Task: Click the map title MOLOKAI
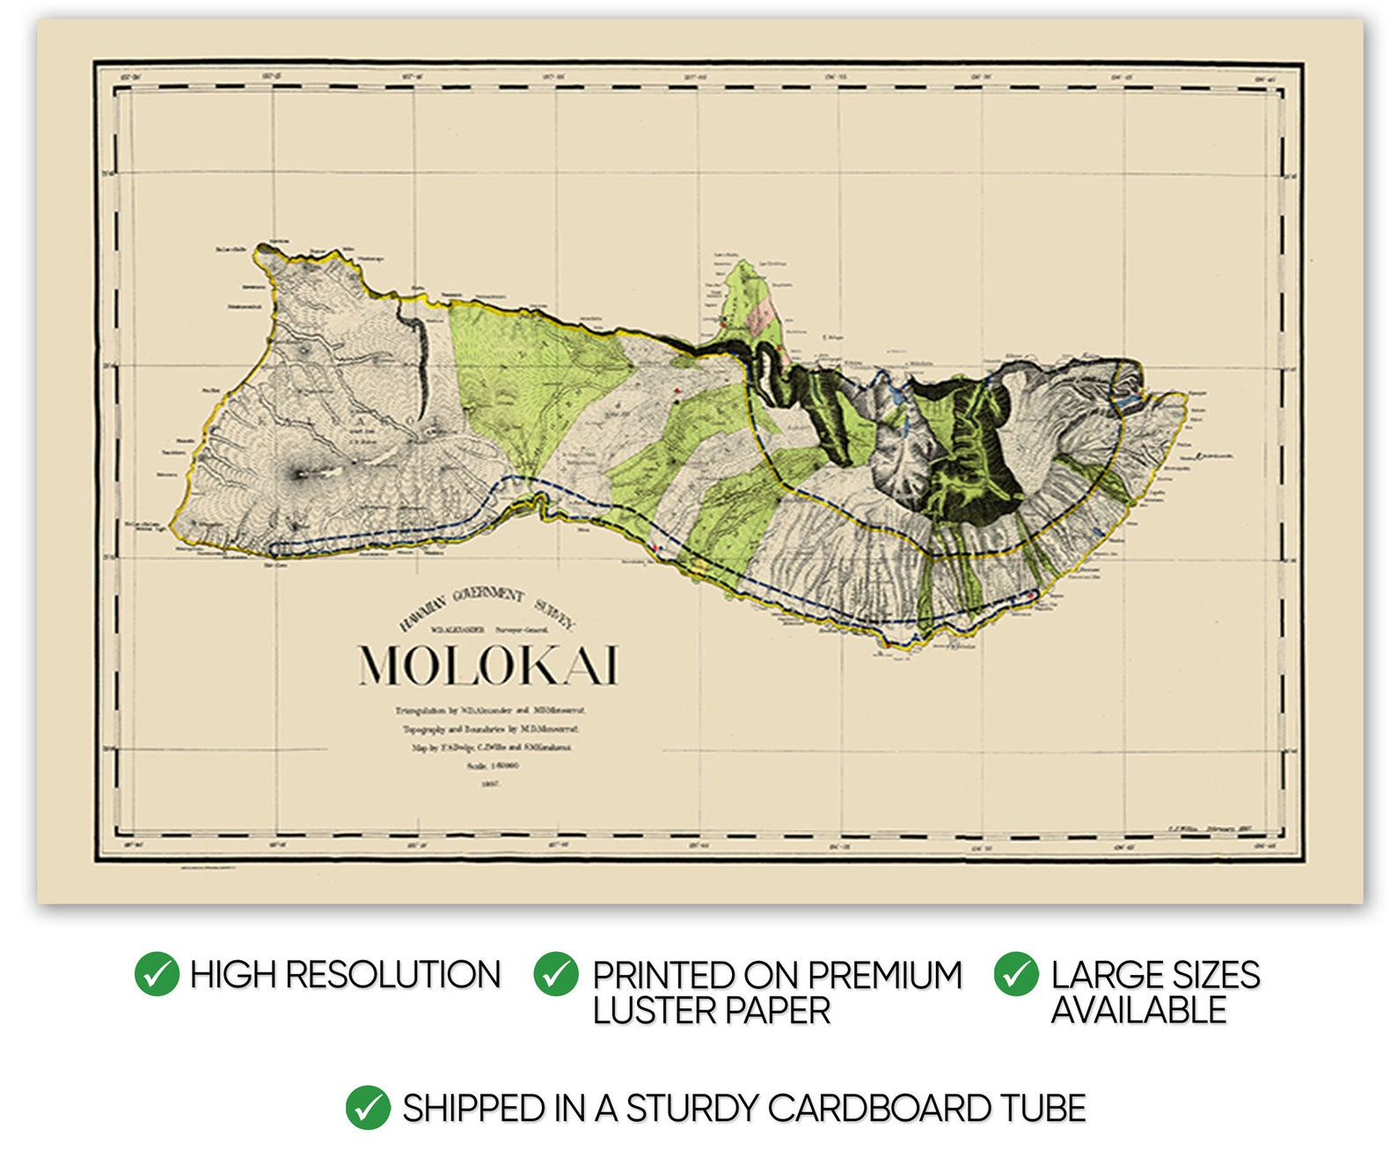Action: tap(488, 666)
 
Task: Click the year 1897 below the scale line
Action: tap(491, 783)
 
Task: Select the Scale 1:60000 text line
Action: tap(493, 766)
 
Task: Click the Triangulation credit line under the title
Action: tap(491, 709)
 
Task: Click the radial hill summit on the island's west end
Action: tap(299, 474)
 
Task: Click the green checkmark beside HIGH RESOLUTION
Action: tap(157, 974)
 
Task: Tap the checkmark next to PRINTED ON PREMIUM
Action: tap(556, 974)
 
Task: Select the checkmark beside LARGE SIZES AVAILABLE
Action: tap(1016, 974)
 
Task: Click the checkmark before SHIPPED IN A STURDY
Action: tap(368, 1108)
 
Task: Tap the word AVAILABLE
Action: tap(1138, 1010)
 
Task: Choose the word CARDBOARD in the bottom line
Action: tap(879, 1109)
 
